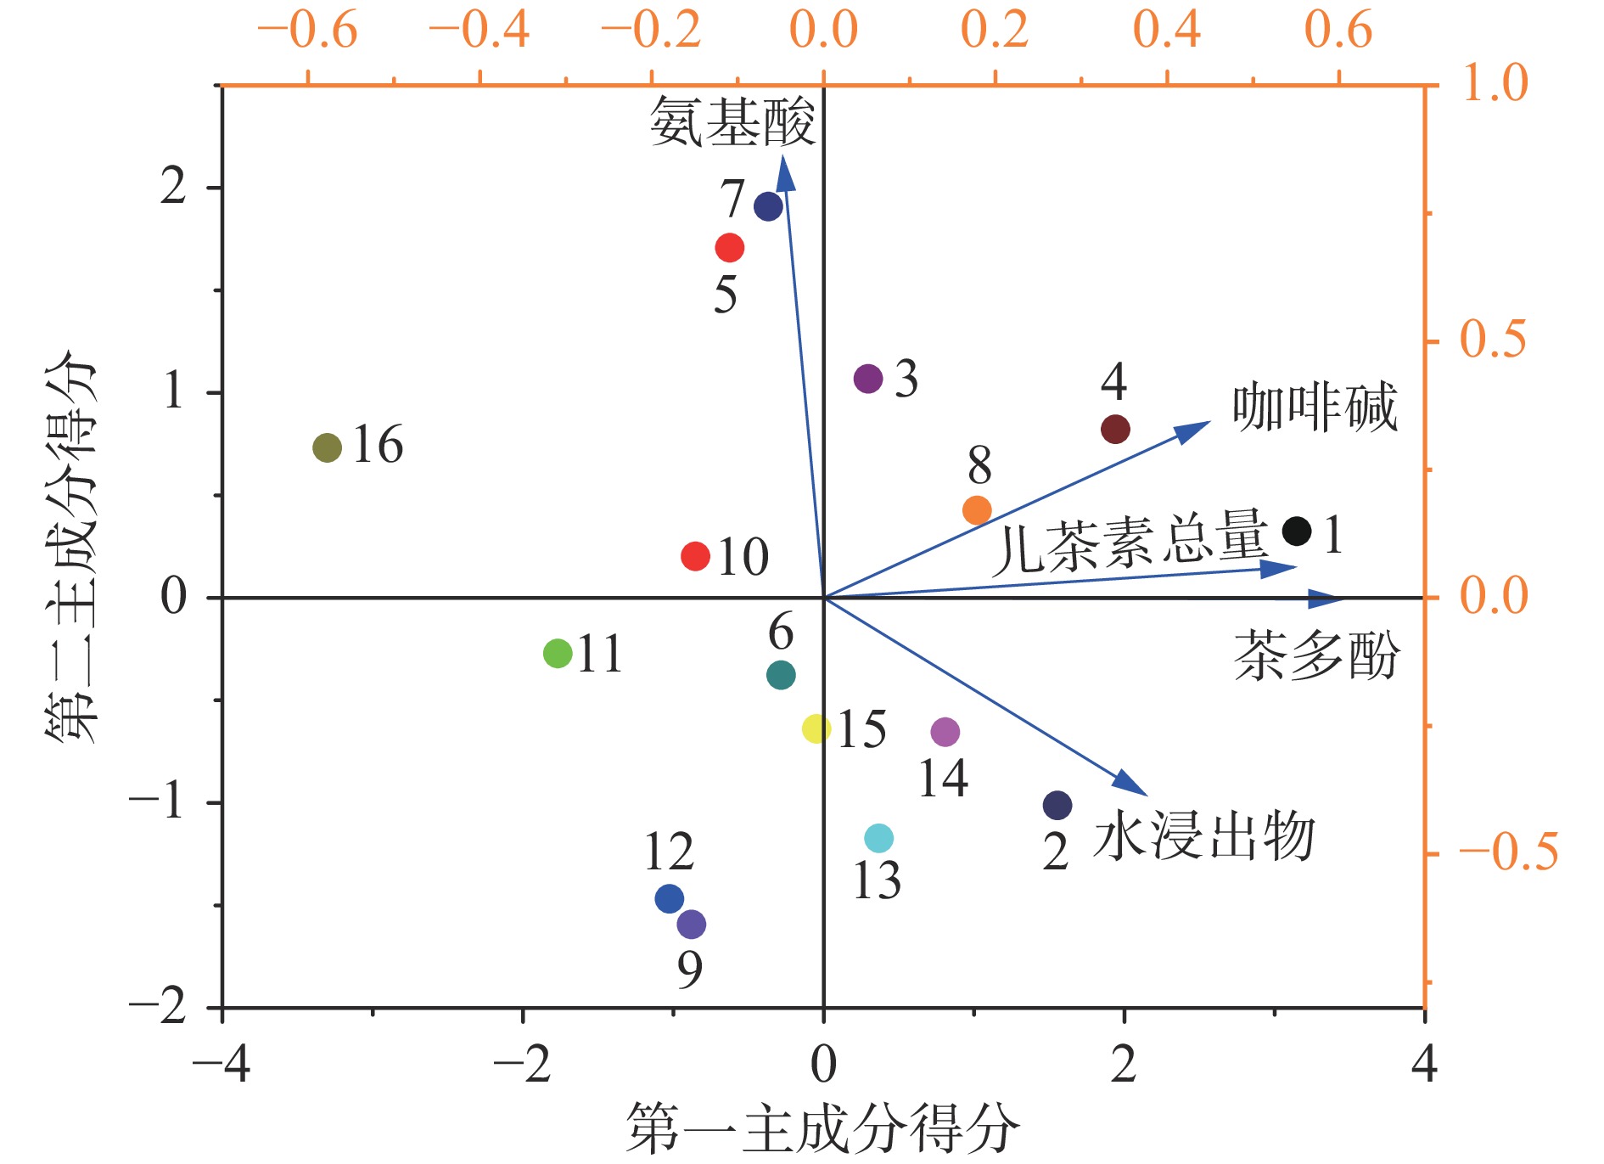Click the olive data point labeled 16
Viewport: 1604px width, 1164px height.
(x=328, y=447)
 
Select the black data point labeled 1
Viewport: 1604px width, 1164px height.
(x=1297, y=531)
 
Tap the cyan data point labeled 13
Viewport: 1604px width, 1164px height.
(x=879, y=839)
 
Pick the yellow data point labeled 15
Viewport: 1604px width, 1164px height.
(x=816, y=728)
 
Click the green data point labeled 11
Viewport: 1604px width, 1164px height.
(x=558, y=654)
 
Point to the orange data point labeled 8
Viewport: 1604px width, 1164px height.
(x=978, y=510)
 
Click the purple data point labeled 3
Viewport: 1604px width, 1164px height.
(x=868, y=379)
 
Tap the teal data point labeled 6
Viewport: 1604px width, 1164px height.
(x=781, y=675)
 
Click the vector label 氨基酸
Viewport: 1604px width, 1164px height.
(x=732, y=122)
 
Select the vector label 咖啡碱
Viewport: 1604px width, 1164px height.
(x=1315, y=408)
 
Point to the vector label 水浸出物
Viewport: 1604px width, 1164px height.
(x=1204, y=837)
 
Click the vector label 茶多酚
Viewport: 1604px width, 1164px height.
(x=1316, y=656)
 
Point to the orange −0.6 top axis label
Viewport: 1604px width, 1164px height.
(x=307, y=31)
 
